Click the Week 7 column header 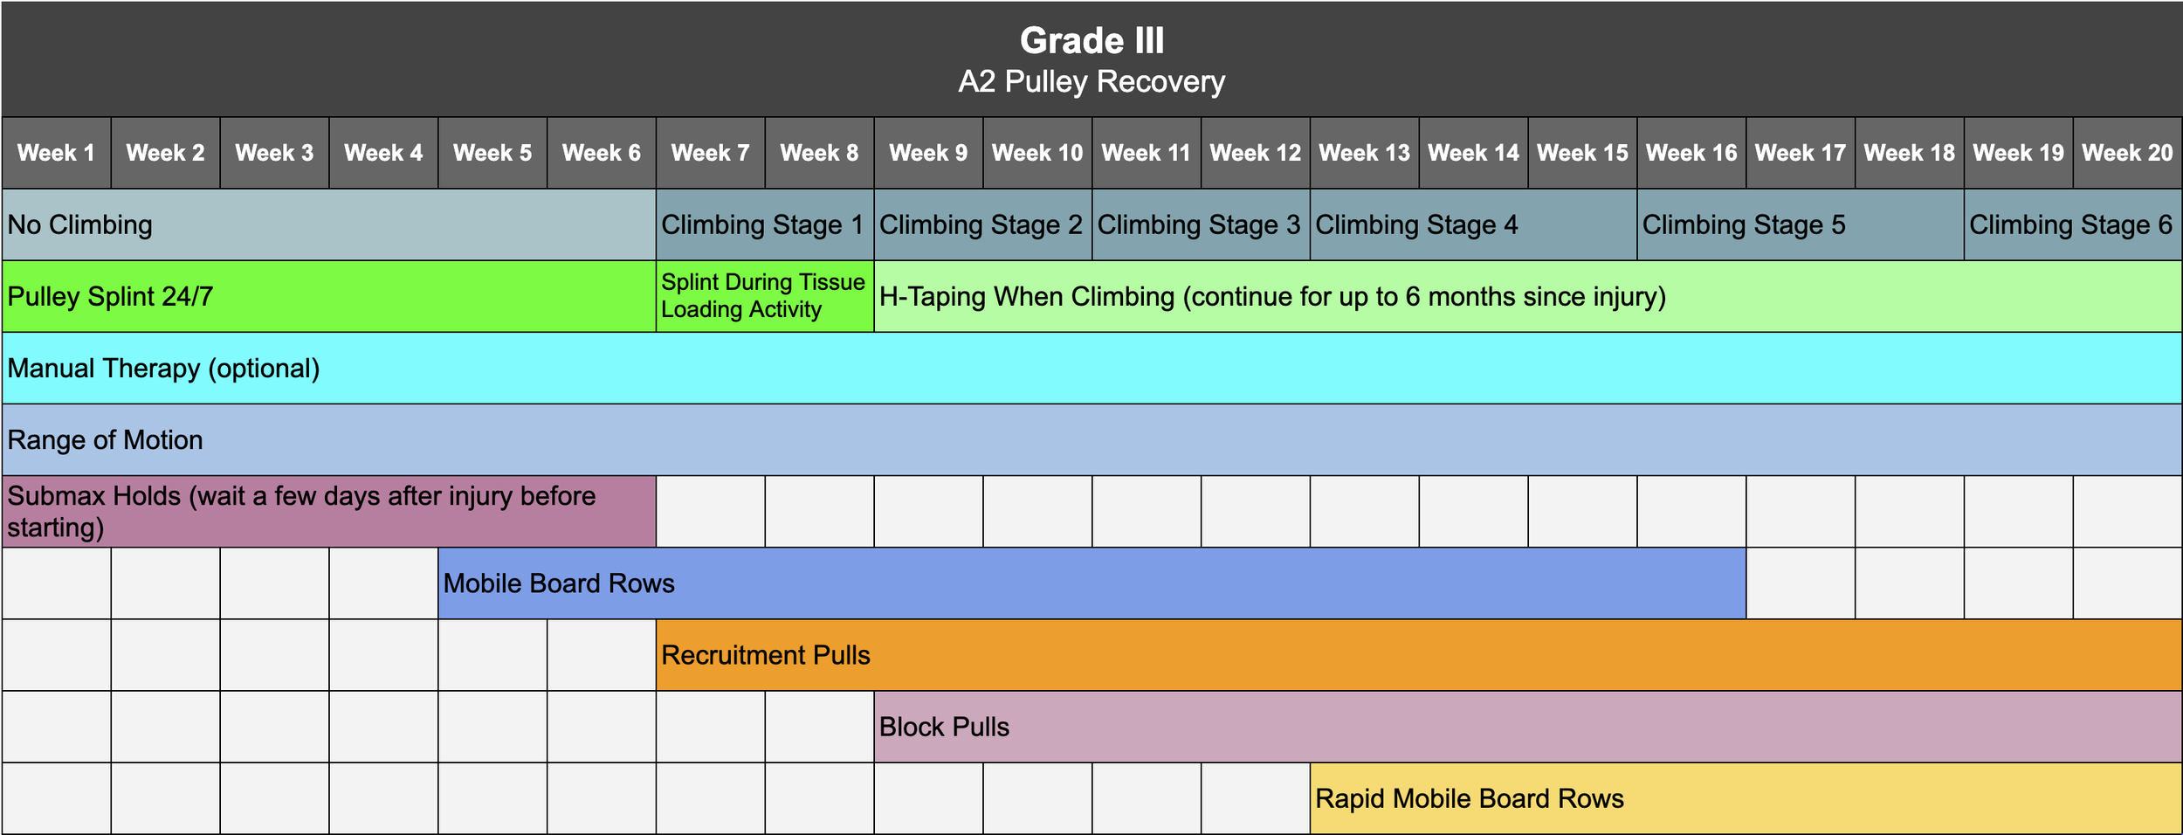(x=710, y=153)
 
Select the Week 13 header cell (x=1364, y=153)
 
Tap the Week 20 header (x=2127, y=153)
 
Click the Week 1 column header (x=56, y=153)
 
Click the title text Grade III (x=1091, y=41)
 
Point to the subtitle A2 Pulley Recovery (x=1091, y=82)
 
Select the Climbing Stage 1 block (x=762, y=224)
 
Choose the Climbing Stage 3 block (x=1199, y=224)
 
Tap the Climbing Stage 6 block (x=2070, y=224)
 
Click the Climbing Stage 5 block (x=1744, y=224)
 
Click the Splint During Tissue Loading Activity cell (x=762, y=295)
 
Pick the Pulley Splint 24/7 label (x=110, y=296)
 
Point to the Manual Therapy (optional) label (x=163, y=368)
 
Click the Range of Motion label (x=105, y=439)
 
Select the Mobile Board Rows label (x=559, y=583)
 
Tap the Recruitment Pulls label (x=765, y=654)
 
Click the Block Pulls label (x=944, y=726)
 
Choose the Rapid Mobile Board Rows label (x=1470, y=797)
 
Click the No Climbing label (x=79, y=224)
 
